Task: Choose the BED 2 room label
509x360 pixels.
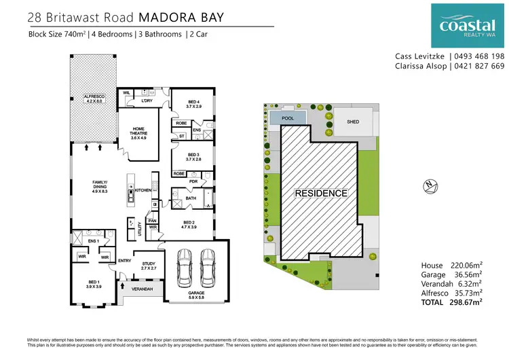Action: tap(190, 224)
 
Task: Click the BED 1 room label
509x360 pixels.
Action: tap(94, 284)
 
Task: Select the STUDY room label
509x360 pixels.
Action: tap(149, 266)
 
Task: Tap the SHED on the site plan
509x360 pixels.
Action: tap(352, 122)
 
